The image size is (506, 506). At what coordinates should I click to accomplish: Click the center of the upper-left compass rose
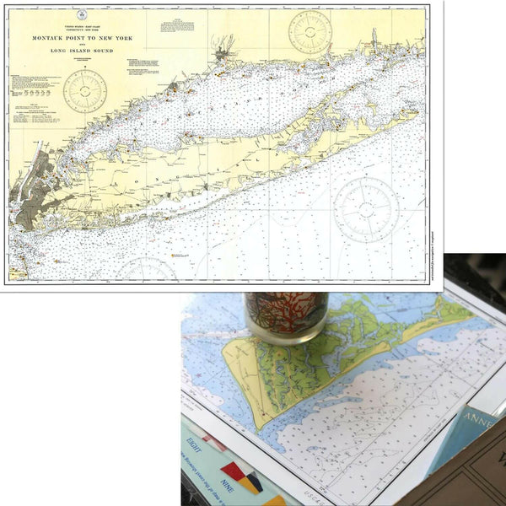(x=85, y=91)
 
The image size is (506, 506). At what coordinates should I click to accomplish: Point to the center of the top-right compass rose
(x=310, y=31)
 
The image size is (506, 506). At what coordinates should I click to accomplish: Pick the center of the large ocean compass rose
(x=365, y=208)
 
